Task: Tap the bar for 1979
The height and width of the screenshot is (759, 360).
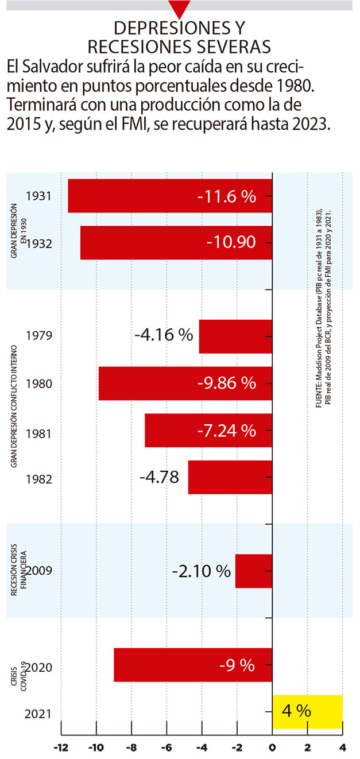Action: coord(235,336)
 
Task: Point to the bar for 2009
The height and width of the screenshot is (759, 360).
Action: coord(254,571)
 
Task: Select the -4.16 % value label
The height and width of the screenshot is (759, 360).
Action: coord(164,335)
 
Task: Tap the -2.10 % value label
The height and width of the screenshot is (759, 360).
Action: coord(202,571)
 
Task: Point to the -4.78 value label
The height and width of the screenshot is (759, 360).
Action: coord(159,477)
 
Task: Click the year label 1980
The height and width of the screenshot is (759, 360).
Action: coord(40,384)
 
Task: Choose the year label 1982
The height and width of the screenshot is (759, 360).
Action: coord(40,478)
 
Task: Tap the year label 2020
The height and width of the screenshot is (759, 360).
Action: coord(40,667)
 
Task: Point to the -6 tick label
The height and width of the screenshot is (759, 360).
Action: coord(167,748)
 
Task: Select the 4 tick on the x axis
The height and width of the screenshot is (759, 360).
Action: coord(343,748)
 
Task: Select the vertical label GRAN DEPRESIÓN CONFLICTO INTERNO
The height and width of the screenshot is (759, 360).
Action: coord(15,406)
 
